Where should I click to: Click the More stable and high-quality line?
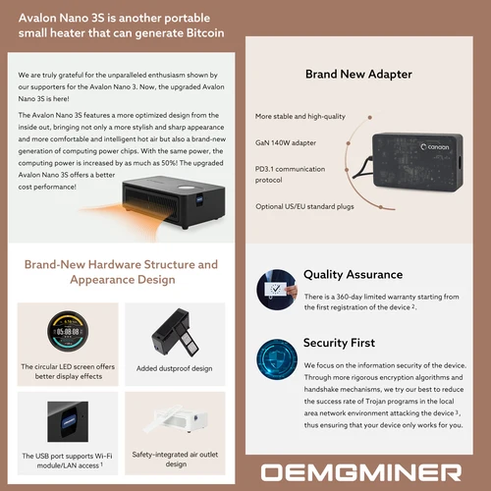point(300,117)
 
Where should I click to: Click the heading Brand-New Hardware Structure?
point(122,265)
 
